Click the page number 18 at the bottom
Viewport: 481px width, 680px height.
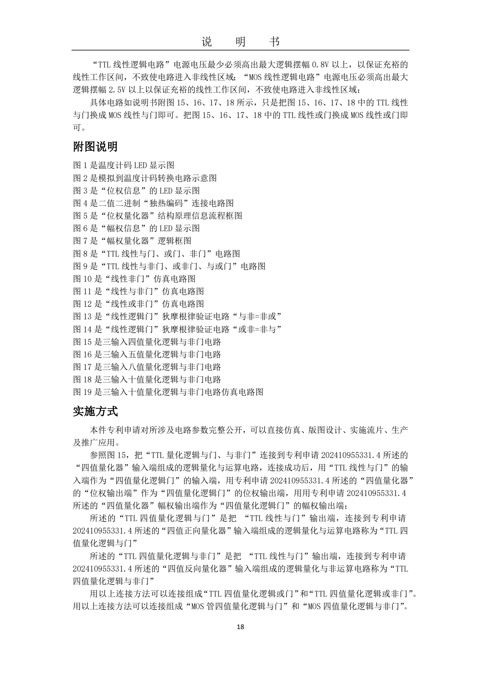click(240, 627)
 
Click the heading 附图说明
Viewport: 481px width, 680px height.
click(95, 147)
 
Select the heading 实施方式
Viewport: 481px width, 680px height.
click(95, 412)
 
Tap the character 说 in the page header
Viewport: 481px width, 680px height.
click(206, 42)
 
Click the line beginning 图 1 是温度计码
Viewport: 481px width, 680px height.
click(124, 165)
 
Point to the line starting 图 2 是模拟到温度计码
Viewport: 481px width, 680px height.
click(145, 178)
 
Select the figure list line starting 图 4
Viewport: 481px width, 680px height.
click(153, 203)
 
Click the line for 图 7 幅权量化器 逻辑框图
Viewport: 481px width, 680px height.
click(132, 241)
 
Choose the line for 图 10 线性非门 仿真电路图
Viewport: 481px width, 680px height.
click(134, 279)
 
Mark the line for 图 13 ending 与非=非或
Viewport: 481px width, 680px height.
click(177, 317)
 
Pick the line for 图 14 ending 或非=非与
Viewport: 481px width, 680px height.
click(177, 329)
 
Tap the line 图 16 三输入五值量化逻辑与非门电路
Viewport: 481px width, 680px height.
click(147, 355)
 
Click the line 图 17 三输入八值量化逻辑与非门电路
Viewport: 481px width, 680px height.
click(147, 367)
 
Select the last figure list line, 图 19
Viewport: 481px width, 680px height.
click(168, 392)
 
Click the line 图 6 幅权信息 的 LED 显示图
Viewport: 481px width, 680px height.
click(136, 228)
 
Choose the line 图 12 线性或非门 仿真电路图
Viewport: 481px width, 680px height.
click(139, 304)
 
